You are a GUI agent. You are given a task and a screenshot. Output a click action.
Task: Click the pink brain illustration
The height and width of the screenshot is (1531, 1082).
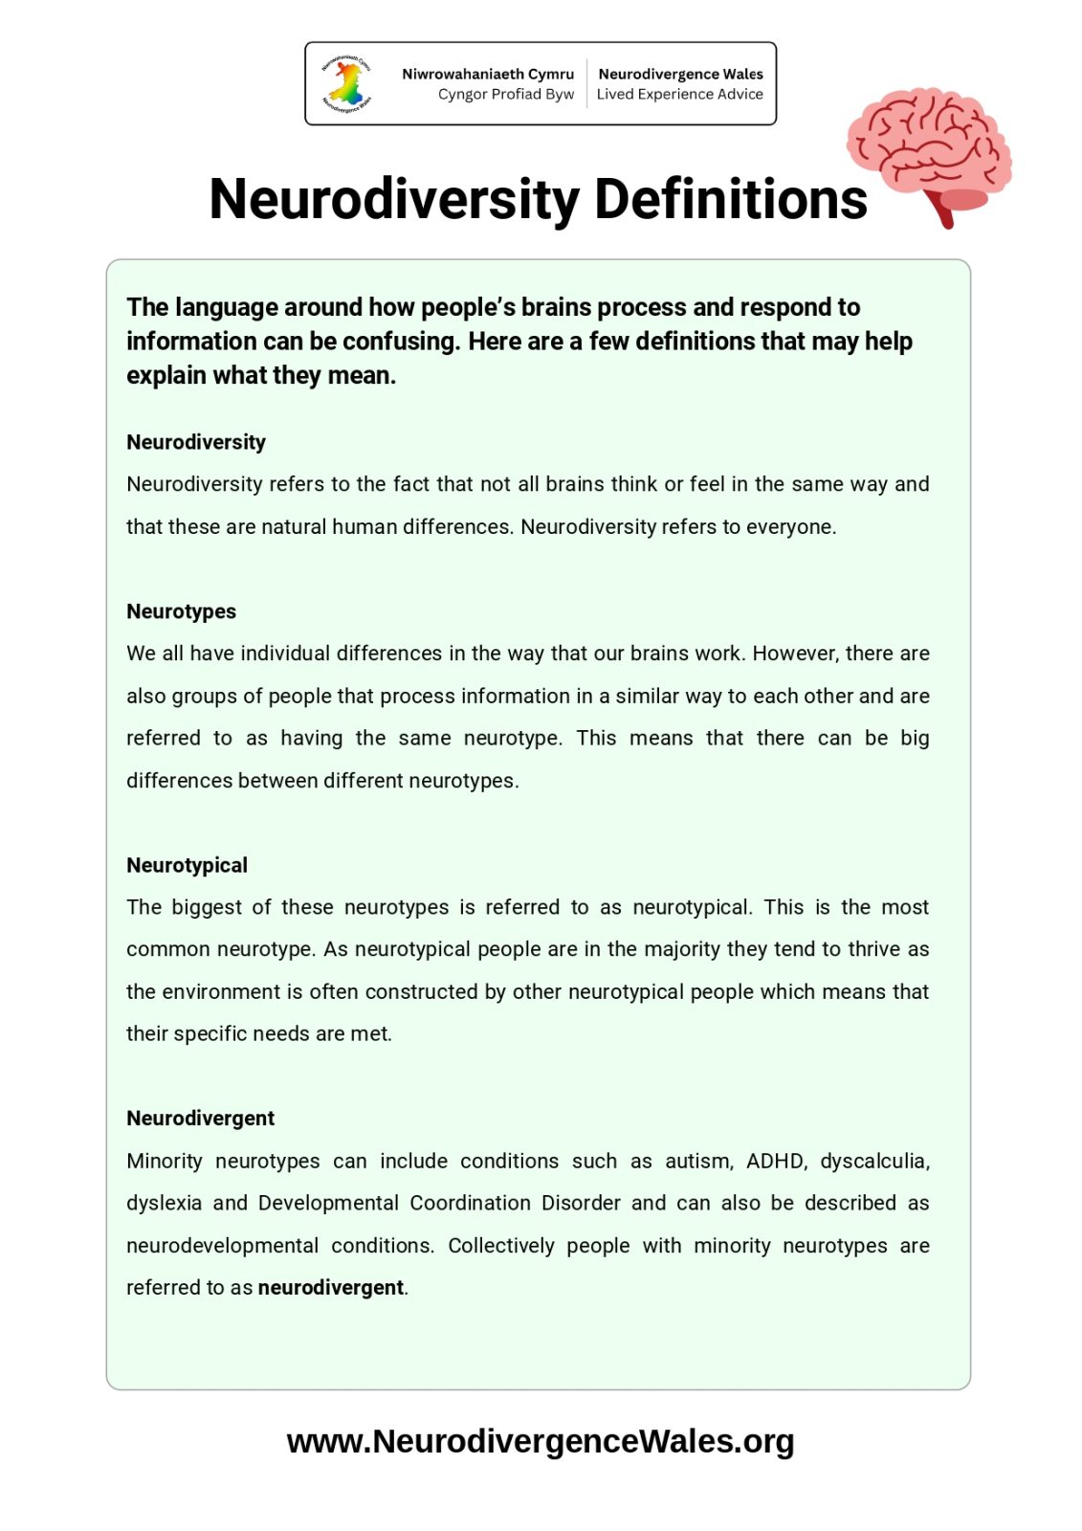point(928,153)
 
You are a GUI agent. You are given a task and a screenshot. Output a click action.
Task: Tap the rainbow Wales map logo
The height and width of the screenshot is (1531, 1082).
point(347,84)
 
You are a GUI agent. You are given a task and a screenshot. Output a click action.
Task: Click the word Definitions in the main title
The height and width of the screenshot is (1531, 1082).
point(731,199)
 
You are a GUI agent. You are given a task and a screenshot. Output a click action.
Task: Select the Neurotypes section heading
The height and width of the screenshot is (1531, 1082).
point(181,611)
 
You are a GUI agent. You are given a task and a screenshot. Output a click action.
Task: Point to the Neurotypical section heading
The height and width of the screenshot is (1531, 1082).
point(187,865)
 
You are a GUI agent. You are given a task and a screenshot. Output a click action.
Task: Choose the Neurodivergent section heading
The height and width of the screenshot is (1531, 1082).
point(200,1119)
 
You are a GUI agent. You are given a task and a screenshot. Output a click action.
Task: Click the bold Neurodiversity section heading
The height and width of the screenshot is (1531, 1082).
point(196,442)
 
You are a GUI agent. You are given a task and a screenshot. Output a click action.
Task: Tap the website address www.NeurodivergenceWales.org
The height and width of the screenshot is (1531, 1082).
point(541,1441)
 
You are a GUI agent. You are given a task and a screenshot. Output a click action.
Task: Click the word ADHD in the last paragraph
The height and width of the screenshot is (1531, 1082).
point(776,1161)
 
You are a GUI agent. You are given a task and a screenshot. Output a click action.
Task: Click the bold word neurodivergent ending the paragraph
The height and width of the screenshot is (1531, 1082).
point(331,1288)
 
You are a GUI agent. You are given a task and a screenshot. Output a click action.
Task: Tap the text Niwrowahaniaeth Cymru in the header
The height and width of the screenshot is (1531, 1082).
point(488,74)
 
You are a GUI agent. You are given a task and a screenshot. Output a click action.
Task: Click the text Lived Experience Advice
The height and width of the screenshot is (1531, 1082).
point(680,94)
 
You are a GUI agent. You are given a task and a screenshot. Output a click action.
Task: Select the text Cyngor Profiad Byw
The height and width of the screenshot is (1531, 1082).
point(506,94)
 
